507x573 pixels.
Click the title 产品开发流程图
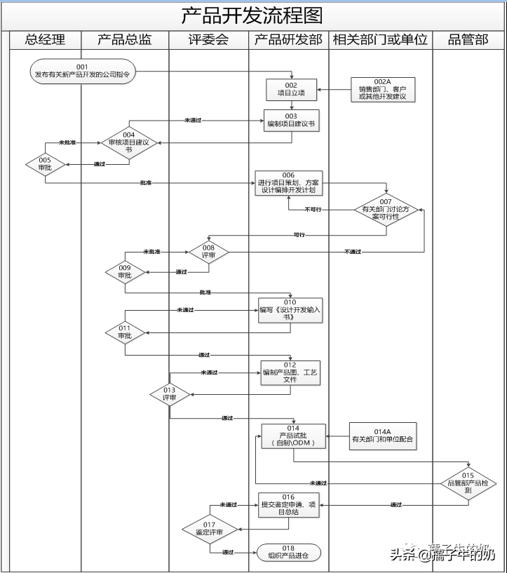[252, 15]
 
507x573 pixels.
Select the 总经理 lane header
[45, 40]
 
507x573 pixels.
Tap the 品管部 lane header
[468, 40]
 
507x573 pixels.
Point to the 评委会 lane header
[208, 40]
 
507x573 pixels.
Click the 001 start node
[83, 71]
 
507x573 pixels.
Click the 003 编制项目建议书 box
[291, 121]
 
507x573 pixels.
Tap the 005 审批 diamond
[45, 165]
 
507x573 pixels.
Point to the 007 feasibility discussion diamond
[386, 209]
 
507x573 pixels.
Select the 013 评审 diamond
[169, 394]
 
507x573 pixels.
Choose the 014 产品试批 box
[292, 436]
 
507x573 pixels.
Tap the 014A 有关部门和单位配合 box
[383, 436]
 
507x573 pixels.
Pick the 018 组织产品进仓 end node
[289, 553]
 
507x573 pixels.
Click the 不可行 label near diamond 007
[313, 209]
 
